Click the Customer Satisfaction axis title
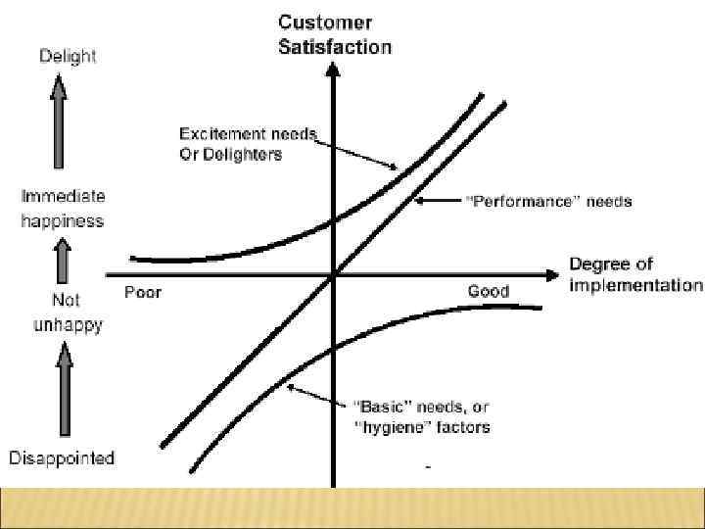click(335, 33)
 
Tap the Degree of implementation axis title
click(635, 275)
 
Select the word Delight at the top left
click(68, 56)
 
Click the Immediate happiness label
click(63, 209)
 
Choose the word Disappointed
click(62, 457)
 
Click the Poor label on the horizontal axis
click(143, 292)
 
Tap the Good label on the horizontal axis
click(488, 292)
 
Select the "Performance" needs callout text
click(548, 202)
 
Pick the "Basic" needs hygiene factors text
click(422, 416)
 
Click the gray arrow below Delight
click(59, 126)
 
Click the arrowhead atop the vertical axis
click(333, 71)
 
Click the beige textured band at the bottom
click(352, 506)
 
